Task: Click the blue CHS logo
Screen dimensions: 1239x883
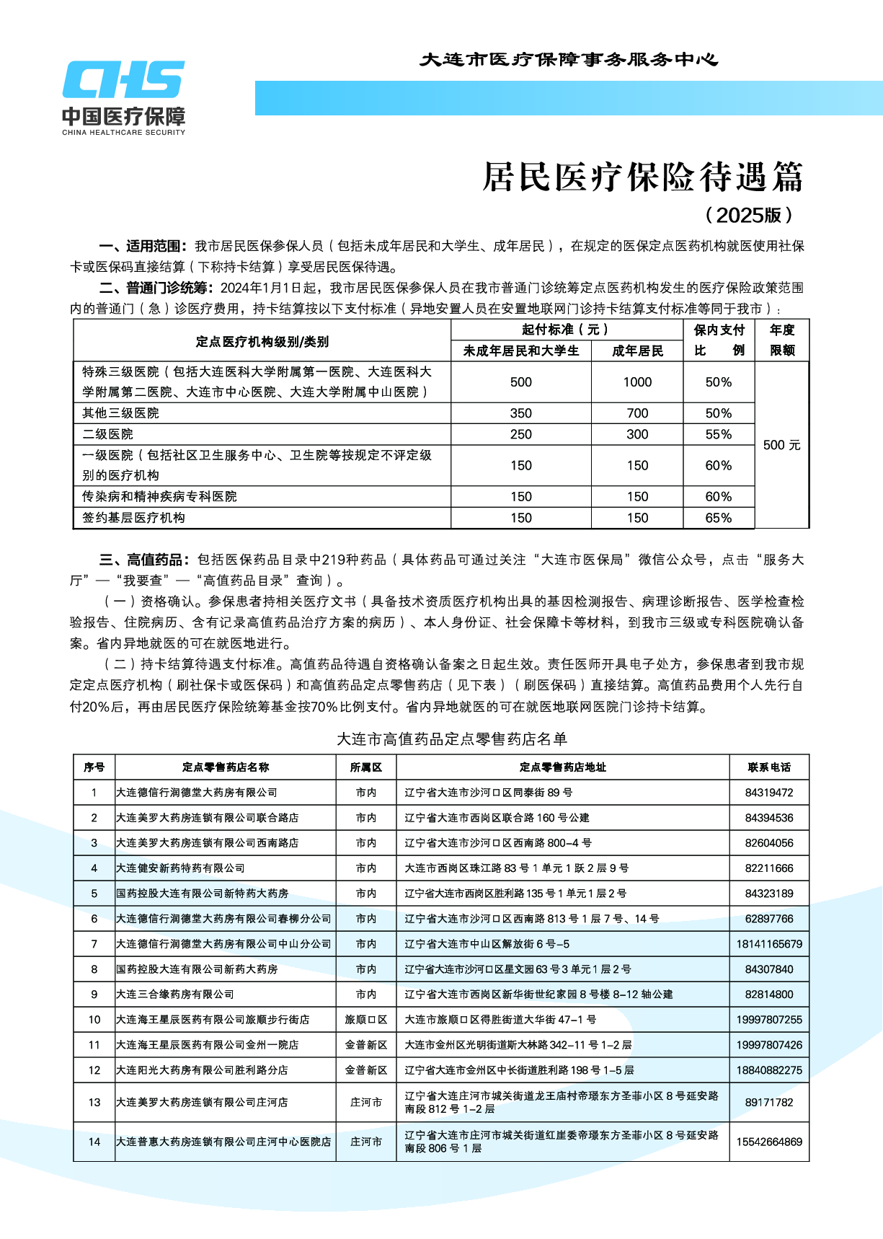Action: pyautogui.click(x=123, y=80)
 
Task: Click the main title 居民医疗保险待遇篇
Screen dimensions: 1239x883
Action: pyautogui.click(x=642, y=177)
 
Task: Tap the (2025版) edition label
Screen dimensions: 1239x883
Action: pyautogui.click(x=750, y=215)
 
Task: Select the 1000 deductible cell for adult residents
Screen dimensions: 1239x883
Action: pyautogui.click(x=637, y=382)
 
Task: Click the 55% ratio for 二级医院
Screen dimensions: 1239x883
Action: pyautogui.click(x=718, y=434)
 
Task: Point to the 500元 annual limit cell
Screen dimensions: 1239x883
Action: pyautogui.click(x=781, y=445)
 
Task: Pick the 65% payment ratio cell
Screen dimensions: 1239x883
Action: pyautogui.click(x=718, y=518)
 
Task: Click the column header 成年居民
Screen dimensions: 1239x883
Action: pyautogui.click(x=637, y=351)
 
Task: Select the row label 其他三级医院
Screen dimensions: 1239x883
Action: pyautogui.click(x=120, y=413)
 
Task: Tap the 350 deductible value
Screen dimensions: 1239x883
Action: pyautogui.click(x=520, y=413)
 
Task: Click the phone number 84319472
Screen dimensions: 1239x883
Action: pyautogui.click(x=769, y=793)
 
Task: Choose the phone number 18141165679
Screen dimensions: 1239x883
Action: pyautogui.click(x=769, y=944)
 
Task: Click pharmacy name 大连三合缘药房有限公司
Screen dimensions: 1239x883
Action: pyautogui.click(x=175, y=995)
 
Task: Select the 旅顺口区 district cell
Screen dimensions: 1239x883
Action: pyautogui.click(x=366, y=1020)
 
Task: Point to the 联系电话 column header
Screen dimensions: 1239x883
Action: pyautogui.click(x=769, y=767)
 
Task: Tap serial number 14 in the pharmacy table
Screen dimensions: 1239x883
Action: pyautogui.click(x=94, y=1142)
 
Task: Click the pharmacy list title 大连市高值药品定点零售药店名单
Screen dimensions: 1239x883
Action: pyautogui.click(x=452, y=739)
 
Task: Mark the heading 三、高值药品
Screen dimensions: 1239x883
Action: pyautogui.click(x=143, y=560)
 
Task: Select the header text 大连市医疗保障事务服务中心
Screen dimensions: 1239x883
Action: pyautogui.click(x=569, y=60)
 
